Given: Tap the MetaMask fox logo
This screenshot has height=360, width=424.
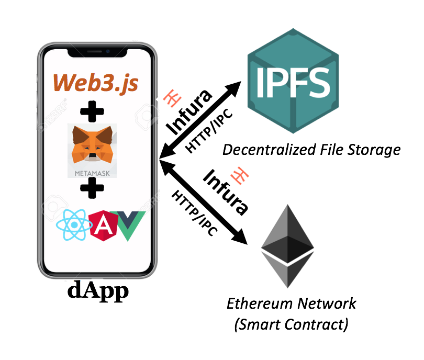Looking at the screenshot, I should pyautogui.click(x=92, y=144).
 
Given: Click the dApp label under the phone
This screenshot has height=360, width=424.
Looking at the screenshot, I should pyautogui.click(x=98, y=291).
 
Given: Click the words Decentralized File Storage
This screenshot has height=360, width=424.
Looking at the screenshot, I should pyautogui.click(x=311, y=150).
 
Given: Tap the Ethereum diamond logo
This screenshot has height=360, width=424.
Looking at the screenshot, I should pyautogui.click(x=288, y=246).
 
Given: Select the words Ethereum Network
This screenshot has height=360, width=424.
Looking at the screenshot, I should pyautogui.click(x=291, y=303).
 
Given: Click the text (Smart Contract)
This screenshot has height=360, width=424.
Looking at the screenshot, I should pyautogui.click(x=291, y=324).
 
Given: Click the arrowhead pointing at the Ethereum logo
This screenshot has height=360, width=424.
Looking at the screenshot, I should pyautogui.click(x=242, y=238).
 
